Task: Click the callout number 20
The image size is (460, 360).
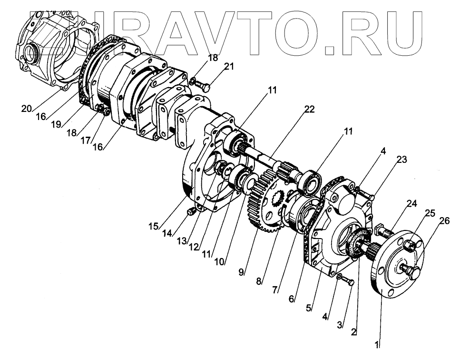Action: pyautogui.click(x=26, y=109)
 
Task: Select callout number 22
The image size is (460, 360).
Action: pyautogui.click(x=310, y=110)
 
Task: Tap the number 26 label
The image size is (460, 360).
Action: pyautogui.click(x=445, y=220)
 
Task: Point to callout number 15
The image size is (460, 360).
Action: pyautogui.click(x=153, y=227)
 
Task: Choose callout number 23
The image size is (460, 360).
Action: pyautogui.click(x=402, y=160)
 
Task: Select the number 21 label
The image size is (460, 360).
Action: pyautogui.click(x=229, y=67)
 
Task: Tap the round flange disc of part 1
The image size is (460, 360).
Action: pyautogui.click(x=395, y=267)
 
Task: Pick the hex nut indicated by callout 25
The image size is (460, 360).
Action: pyautogui.click(x=410, y=246)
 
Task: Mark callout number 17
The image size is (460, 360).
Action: pyautogui.click(x=85, y=141)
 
